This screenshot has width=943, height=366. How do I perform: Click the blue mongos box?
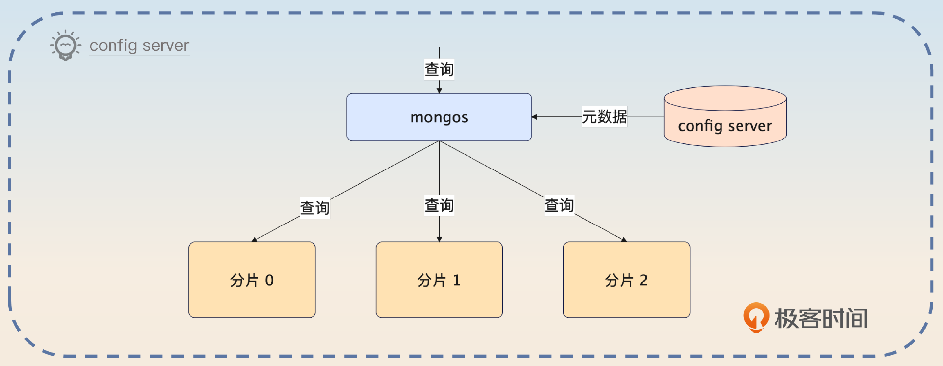click(x=439, y=117)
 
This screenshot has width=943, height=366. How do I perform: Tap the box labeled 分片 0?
click(x=251, y=280)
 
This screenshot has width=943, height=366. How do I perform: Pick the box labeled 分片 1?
click(x=439, y=280)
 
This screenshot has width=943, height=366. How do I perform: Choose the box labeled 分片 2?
click(x=626, y=280)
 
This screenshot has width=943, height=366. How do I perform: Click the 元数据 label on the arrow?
click(x=604, y=117)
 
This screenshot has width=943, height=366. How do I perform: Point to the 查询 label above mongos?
click(x=439, y=69)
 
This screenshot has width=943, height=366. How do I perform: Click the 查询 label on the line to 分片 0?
click(x=314, y=208)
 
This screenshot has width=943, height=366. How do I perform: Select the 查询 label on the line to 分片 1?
click(x=439, y=205)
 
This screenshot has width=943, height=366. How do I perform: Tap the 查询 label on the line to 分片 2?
click(x=559, y=205)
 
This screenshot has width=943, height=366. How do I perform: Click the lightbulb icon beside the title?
click(x=65, y=46)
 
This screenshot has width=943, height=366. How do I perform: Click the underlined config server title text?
click(x=139, y=46)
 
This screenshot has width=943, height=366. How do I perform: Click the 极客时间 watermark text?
click(x=821, y=318)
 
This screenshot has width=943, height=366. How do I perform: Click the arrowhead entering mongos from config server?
click(x=535, y=117)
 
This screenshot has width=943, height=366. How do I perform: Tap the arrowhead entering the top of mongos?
click(x=439, y=90)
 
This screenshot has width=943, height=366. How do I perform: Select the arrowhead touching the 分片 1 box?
click(x=439, y=239)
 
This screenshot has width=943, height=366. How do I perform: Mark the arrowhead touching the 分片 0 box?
click(x=255, y=240)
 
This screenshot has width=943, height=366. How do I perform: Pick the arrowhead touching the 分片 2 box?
click(x=623, y=240)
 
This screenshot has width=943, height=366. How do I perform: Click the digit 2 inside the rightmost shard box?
click(x=643, y=280)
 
